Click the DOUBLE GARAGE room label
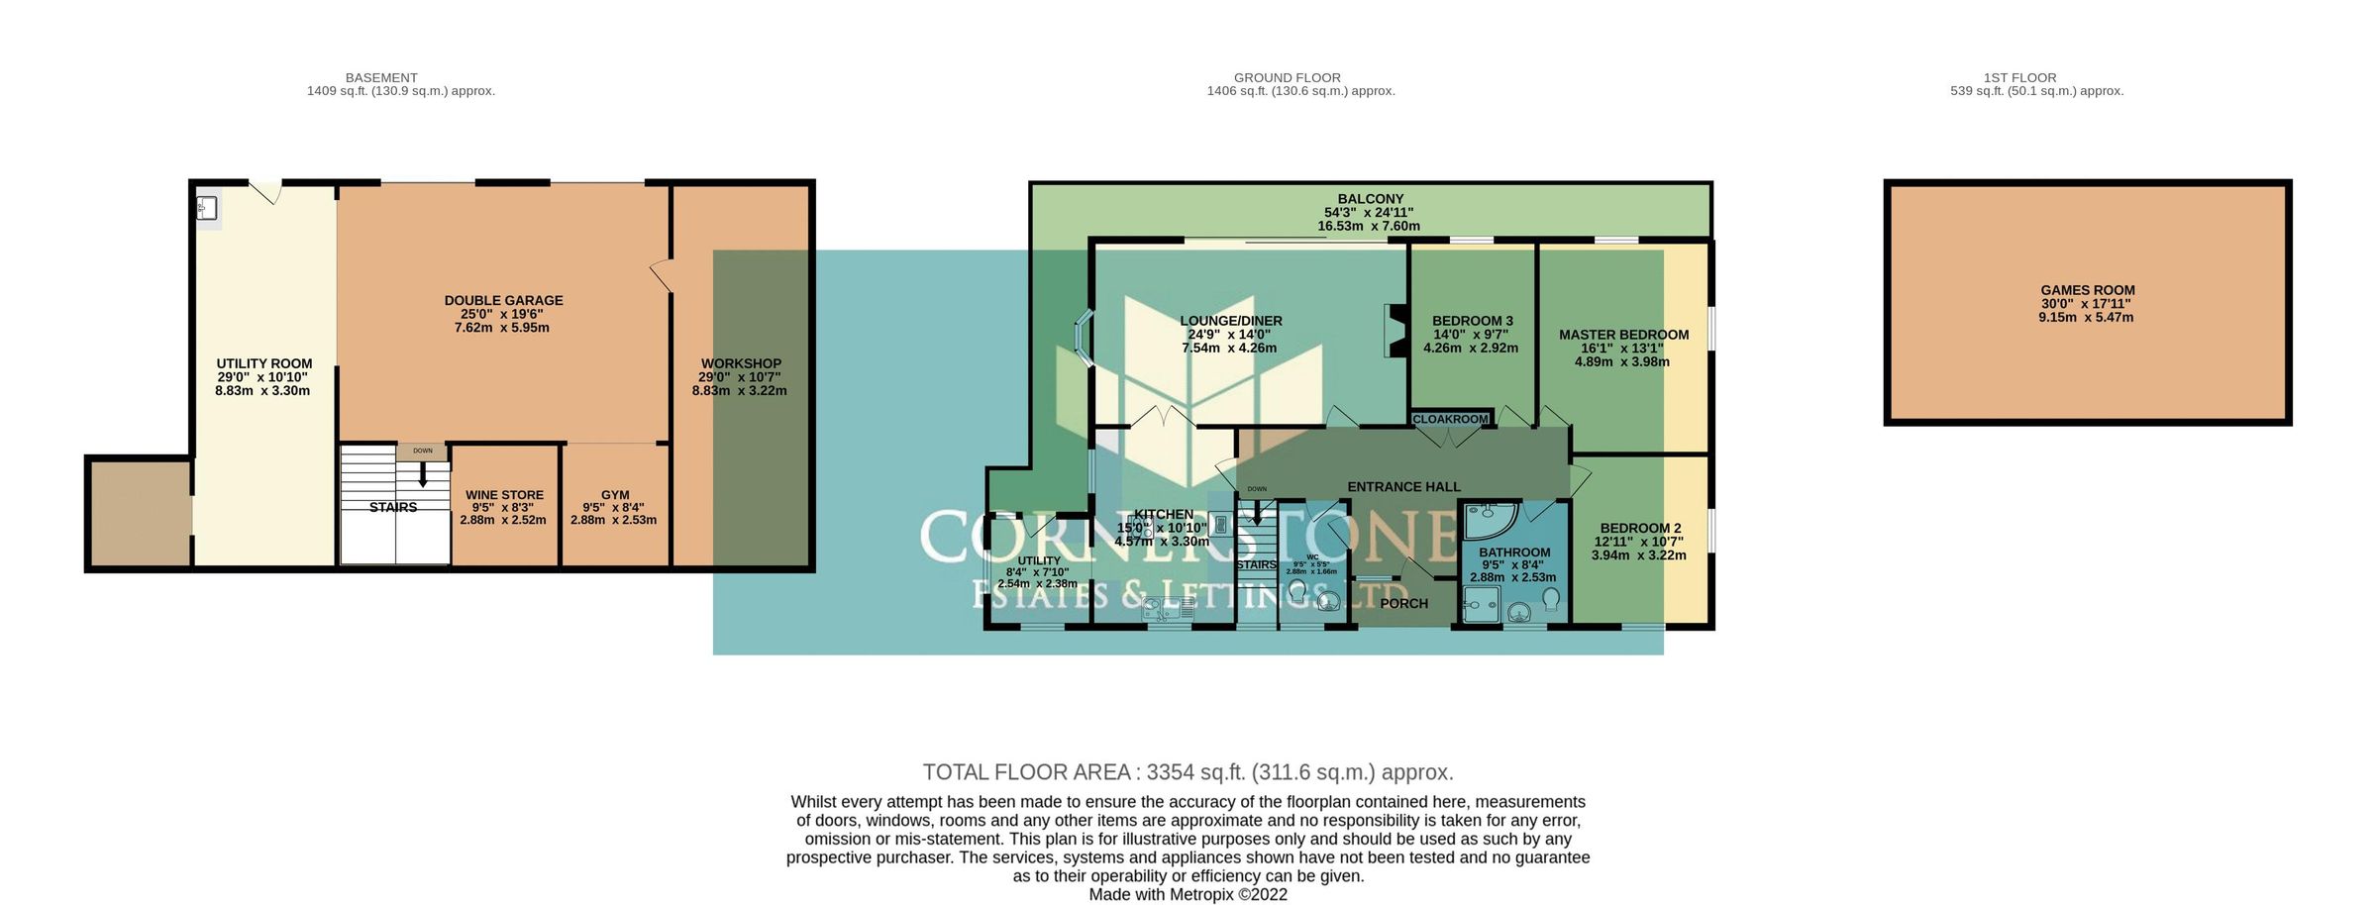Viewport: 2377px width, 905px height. point(503,301)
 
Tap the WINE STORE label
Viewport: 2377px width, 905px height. point(504,495)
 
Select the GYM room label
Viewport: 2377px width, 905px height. point(615,495)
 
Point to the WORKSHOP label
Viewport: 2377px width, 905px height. point(741,364)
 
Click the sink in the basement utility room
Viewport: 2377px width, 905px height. point(208,208)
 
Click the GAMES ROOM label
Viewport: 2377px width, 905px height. point(2087,291)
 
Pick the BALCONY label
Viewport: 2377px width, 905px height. point(1370,199)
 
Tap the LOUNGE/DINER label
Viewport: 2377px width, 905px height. point(1230,321)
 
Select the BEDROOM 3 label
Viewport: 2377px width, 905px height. point(1472,321)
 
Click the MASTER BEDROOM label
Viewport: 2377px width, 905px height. point(1623,335)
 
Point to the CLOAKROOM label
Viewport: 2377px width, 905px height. point(1450,420)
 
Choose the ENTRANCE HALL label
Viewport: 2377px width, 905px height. point(1403,487)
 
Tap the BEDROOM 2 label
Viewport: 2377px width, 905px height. point(1640,529)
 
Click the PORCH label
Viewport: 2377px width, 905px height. point(1403,604)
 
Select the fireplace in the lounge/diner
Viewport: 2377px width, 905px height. point(1395,331)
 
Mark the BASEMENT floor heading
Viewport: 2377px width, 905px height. point(381,77)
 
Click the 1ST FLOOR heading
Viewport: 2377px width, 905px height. point(2019,77)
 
